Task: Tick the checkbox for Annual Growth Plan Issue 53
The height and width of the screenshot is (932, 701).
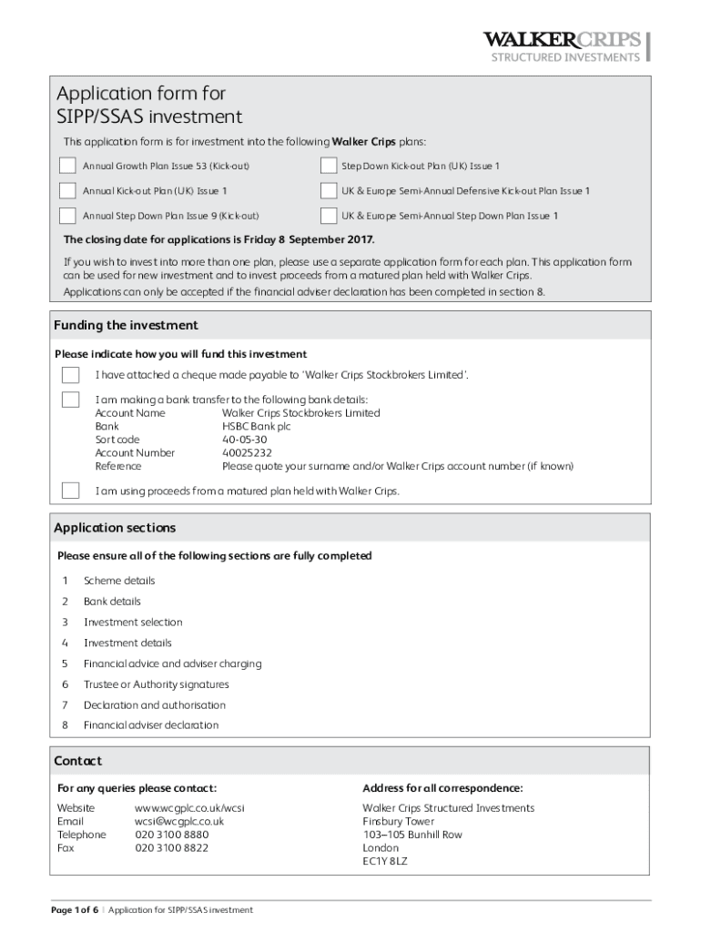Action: [67, 166]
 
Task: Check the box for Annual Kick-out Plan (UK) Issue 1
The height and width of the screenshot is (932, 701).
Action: [67, 190]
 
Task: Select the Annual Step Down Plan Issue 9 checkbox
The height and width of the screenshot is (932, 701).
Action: [67, 216]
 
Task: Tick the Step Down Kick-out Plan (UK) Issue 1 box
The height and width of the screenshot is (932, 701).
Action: [329, 166]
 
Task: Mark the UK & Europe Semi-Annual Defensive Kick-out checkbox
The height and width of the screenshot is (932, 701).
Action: [329, 190]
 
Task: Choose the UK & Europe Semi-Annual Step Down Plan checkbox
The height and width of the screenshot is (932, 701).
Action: [329, 216]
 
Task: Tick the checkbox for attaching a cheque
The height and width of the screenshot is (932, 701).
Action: [70, 375]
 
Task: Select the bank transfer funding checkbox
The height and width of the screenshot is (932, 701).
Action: [70, 400]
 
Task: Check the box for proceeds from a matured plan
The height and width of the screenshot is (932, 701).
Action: [70, 491]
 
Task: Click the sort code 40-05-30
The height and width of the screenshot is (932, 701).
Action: [245, 440]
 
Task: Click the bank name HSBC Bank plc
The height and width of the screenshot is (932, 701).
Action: [256, 426]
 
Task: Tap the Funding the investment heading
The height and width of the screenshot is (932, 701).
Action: [126, 326]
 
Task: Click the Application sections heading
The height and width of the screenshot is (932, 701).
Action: [115, 528]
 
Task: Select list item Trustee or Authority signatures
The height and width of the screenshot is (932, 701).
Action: [156, 684]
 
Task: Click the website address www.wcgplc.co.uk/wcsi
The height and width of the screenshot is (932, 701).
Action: [189, 808]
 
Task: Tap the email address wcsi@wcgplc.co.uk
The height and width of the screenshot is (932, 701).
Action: [179, 821]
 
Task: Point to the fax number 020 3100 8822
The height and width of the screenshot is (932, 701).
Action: [171, 847]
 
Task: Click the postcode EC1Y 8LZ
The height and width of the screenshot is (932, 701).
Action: [385, 860]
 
